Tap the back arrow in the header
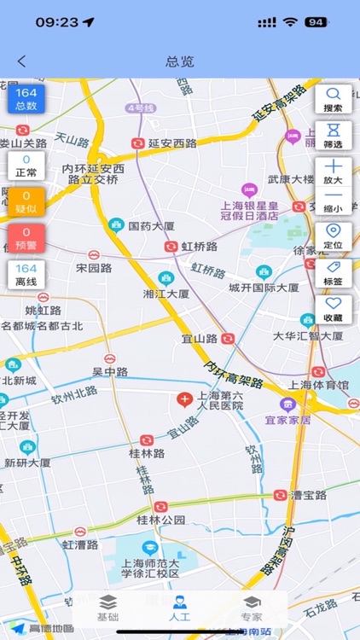[x=22, y=61]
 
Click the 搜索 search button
[x=333, y=99]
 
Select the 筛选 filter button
[x=333, y=135]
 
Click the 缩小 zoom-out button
[x=333, y=201]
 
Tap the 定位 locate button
[x=333, y=236]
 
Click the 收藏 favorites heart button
[x=333, y=309]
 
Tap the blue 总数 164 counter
[x=26, y=99]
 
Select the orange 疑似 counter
[x=26, y=201]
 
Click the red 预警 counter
[x=26, y=237]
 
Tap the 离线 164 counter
[x=26, y=274]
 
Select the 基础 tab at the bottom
[x=107, y=608]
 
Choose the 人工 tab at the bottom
[x=179, y=608]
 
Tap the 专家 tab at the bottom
[x=251, y=608]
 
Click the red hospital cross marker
[x=183, y=399]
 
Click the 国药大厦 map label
[x=151, y=226]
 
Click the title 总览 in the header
[x=180, y=61]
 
